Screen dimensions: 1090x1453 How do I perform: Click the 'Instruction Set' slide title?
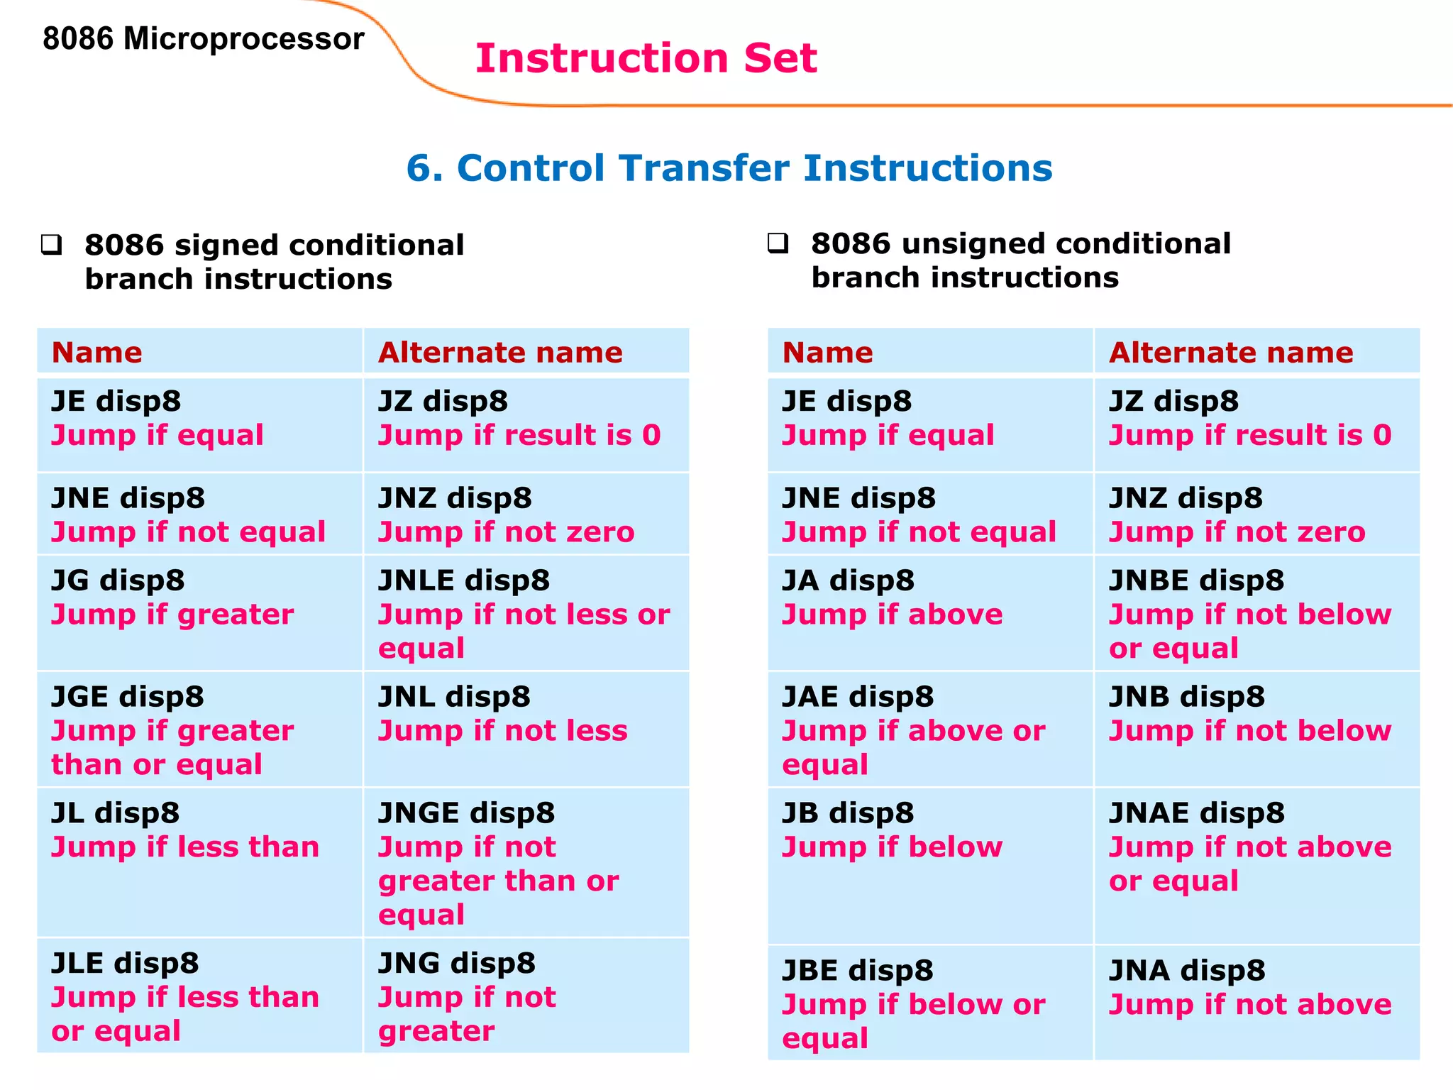tap(646, 58)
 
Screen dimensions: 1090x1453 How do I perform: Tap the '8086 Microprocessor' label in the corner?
tap(203, 39)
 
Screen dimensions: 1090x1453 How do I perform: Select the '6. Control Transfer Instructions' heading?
tap(729, 168)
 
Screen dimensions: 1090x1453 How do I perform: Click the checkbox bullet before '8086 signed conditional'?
tap(51, 245)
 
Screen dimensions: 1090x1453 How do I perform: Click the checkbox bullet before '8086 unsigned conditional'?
tap(778, 243)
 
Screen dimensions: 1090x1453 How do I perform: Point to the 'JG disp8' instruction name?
tap(118, 580)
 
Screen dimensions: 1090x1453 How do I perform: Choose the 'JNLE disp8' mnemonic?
tap(464, 580)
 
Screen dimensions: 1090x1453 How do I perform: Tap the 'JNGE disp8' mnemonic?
tap(466, 813)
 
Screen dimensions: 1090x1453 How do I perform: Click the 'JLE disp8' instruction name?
tap(125, 963)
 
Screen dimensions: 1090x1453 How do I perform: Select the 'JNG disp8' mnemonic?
tap(456, 963)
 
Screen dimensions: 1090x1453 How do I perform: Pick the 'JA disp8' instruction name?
tap(848, 580)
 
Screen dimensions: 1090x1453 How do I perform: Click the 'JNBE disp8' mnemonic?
tap(1196, 580)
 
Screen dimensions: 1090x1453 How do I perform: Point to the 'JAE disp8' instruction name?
tap(858, 697)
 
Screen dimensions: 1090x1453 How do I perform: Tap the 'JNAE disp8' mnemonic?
tap(1196, 813)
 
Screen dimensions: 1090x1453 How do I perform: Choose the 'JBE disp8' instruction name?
tap(858, 971)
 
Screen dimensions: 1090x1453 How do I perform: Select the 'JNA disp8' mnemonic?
tap(1187, 971)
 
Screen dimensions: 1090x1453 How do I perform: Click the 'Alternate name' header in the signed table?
tap(500, 353)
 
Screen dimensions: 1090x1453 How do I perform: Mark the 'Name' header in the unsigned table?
tap(827, 353)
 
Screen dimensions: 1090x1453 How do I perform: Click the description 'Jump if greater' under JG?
tap(172, 615)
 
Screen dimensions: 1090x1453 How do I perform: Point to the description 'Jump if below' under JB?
tap(892, 847)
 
